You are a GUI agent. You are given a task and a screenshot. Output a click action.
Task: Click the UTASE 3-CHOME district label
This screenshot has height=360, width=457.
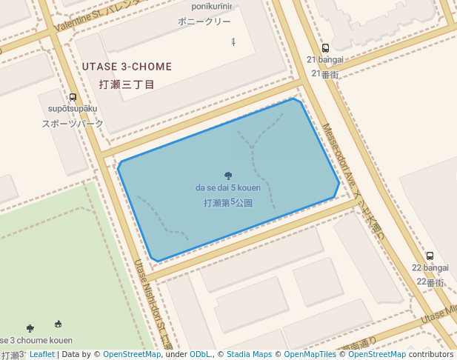[x=127, y=67]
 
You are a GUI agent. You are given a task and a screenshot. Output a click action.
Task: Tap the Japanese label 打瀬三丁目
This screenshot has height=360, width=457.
[x=127, y=84]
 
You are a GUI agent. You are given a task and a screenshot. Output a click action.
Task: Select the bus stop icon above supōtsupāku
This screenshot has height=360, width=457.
[x=73, y=97]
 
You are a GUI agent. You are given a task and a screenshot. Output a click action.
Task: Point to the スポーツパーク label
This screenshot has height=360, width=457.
[x=73, y=124]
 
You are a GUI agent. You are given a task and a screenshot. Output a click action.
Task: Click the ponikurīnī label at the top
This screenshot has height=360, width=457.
[x=212, y=7]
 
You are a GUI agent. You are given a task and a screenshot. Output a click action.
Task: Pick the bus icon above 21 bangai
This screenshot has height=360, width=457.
[x=325, y=48]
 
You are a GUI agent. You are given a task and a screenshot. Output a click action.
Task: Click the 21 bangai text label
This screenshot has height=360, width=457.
[x=325, y=59]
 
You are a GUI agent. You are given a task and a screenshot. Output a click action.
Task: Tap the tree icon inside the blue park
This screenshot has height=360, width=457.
[x=228, y=176]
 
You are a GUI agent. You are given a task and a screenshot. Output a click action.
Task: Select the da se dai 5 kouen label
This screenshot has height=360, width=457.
[x=228, y=188]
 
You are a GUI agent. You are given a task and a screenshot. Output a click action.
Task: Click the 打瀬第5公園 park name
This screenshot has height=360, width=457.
[x=228, y=202]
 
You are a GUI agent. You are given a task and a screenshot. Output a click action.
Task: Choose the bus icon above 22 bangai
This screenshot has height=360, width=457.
[x=430, y=256]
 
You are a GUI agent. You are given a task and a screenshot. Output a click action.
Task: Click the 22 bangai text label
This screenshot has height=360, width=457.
[x=430, y=267]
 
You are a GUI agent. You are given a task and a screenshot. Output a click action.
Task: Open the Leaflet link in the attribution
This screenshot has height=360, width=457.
[x=41, y=355]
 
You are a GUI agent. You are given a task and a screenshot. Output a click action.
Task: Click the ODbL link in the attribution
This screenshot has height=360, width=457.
[x=200, y=355]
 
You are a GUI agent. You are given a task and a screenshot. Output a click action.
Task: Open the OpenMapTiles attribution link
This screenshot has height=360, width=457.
[x=311, y=355]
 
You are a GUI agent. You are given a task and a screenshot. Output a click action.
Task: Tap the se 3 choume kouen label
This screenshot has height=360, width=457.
[x=37, y=340]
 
